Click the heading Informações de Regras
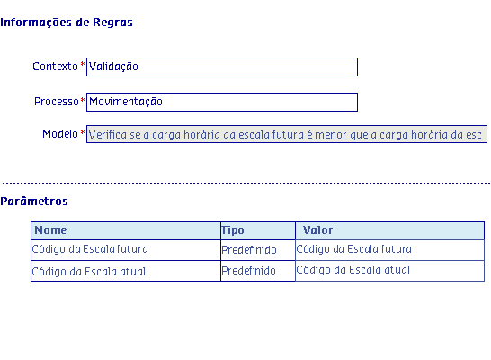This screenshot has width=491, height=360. (x=67, y=22)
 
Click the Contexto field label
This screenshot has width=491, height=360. (x=55, y=67)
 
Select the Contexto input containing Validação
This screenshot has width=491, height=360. (x=222, y=67)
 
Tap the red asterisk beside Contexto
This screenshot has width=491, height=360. (x=83, y=65)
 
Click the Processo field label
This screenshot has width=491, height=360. (x=57, y=102)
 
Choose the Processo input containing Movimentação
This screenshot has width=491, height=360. (x=222, y=102)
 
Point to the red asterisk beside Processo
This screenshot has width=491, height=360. (x=83, y=100)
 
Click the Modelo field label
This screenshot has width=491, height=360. (x=60, y=134)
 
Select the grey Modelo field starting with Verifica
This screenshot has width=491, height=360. (x=287, y=134)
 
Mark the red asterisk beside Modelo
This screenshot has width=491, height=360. (x=83, y=132)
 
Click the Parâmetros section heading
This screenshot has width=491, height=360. (x=34, y=201)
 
